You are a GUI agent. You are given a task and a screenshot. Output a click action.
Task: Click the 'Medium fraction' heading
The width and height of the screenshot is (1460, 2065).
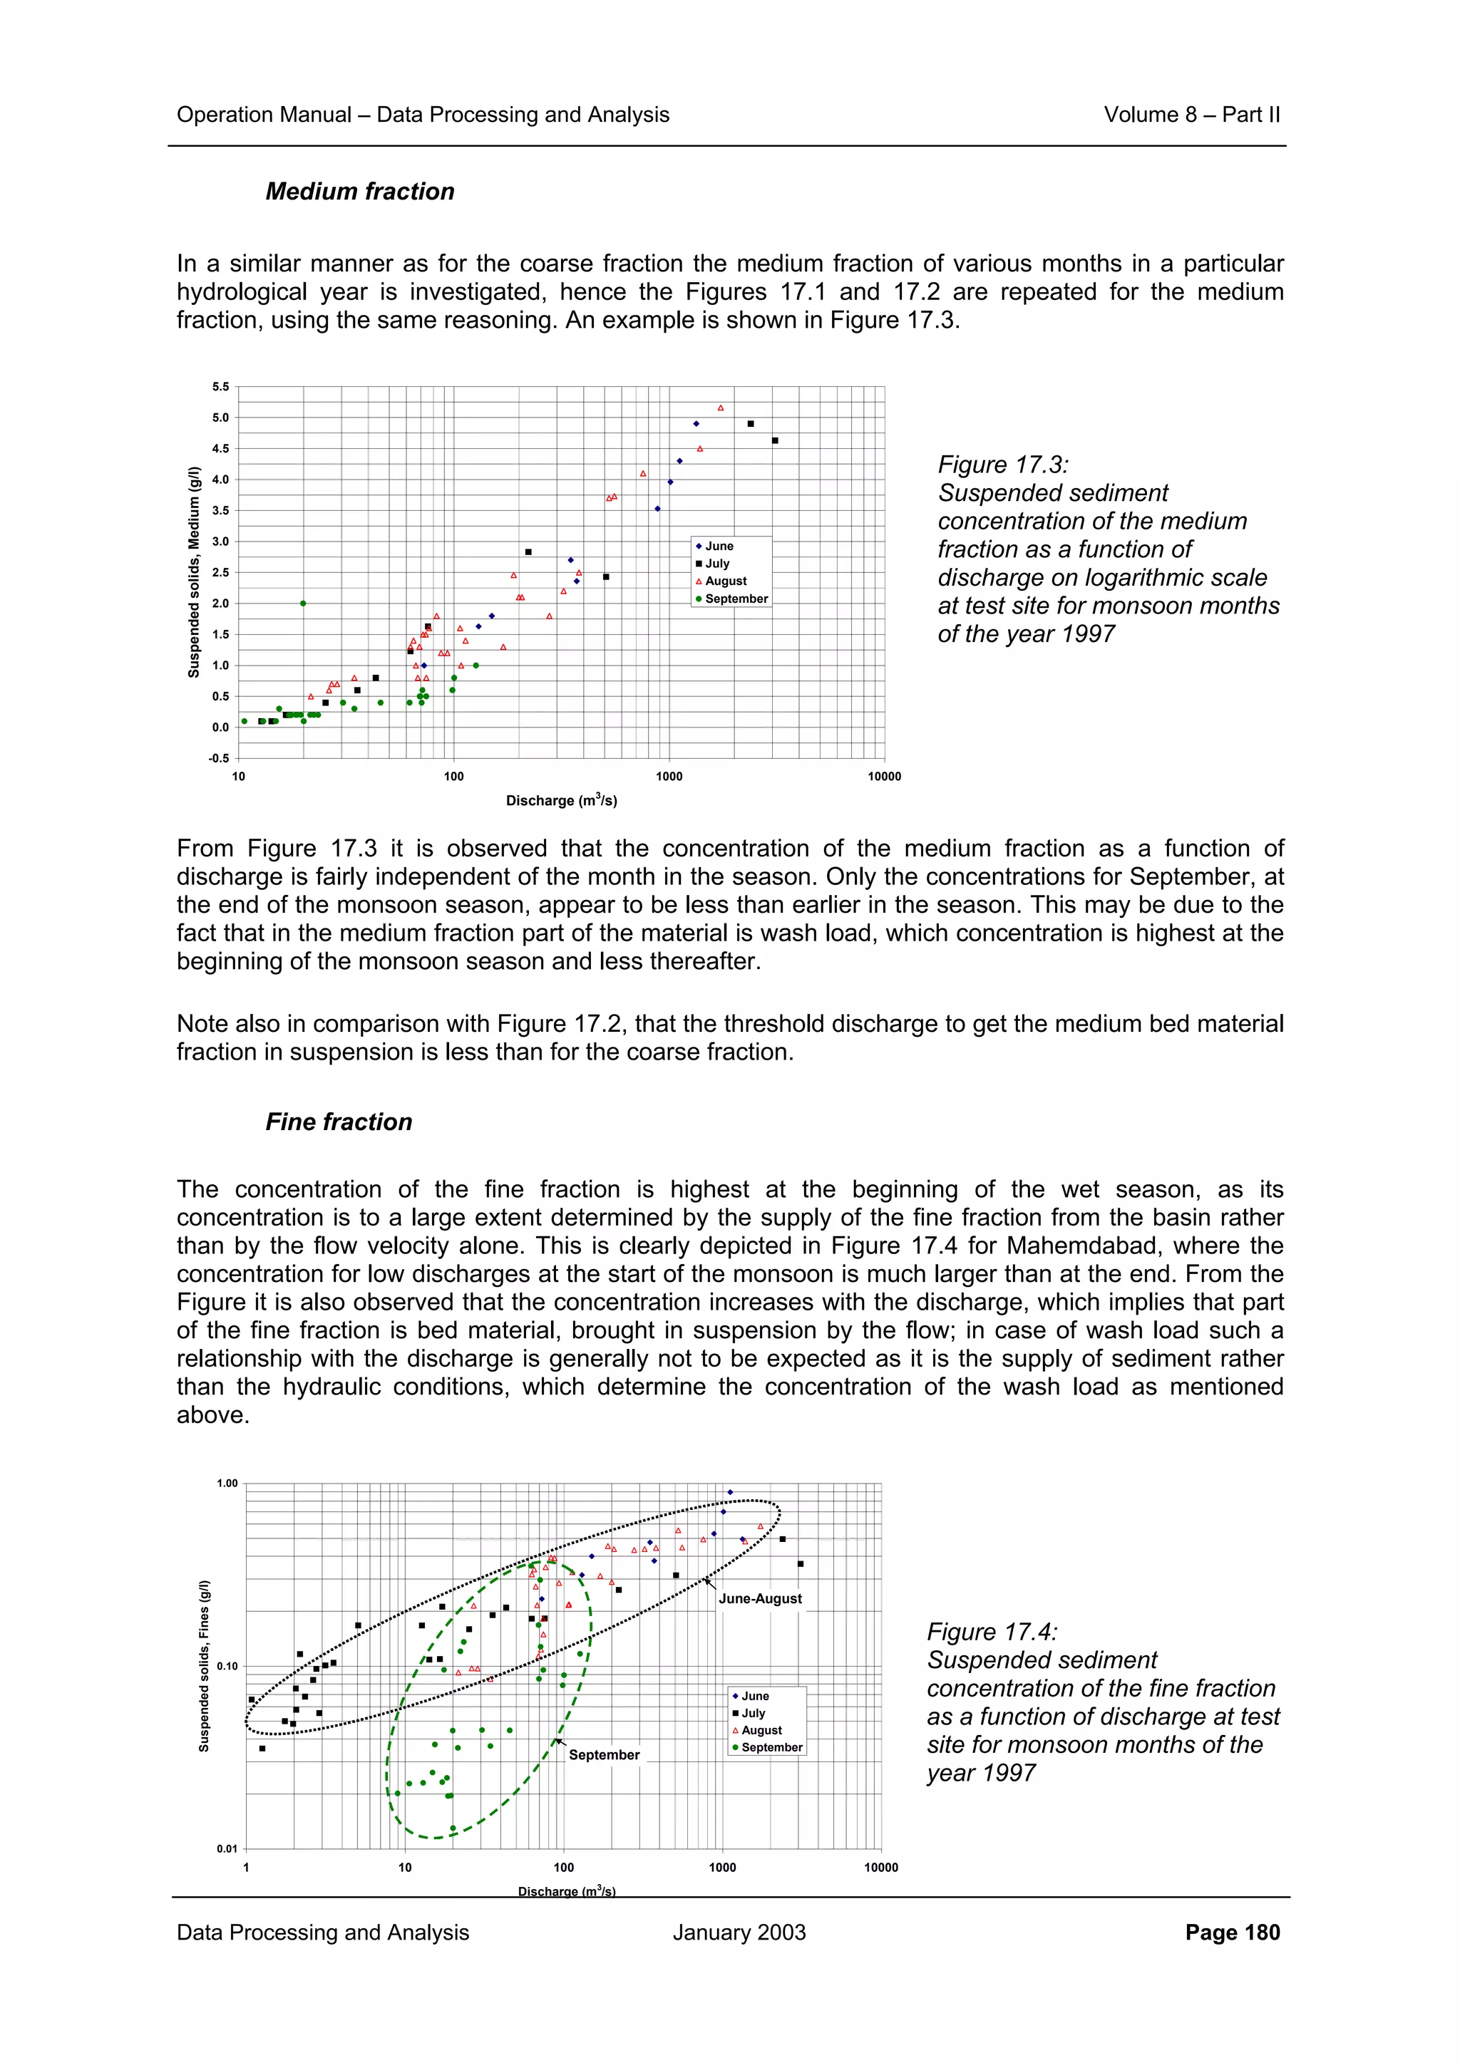coord(360,192)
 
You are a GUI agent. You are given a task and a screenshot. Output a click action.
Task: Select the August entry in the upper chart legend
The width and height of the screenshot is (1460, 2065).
coord(725,581)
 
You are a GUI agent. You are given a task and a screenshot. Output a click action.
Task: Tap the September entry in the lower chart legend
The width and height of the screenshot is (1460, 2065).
coord(771,1747)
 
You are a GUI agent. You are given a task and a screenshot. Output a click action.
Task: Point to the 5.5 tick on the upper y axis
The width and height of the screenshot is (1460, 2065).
coord(220,387)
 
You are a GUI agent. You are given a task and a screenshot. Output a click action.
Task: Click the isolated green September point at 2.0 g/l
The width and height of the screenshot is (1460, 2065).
coord(303,604)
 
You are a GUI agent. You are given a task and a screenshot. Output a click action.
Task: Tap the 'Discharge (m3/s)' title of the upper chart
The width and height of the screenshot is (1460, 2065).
coord(561,800)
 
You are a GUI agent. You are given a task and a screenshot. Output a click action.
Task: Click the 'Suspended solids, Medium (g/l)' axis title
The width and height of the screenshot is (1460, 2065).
coord(193,572)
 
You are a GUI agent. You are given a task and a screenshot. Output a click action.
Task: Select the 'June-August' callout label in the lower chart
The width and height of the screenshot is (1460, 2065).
coord(760,1598)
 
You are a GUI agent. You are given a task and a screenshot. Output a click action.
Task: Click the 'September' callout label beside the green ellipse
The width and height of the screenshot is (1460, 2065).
coord(604,1755)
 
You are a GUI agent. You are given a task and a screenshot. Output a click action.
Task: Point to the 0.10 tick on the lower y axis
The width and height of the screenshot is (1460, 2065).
coord(227,1667)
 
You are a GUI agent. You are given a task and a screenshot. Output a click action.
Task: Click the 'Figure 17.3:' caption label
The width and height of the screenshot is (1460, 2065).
coord(1003,465)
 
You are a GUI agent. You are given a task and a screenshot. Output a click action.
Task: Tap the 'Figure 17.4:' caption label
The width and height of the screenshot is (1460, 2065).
coord(992,1632)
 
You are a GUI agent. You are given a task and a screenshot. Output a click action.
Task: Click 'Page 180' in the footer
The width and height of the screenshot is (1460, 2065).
coord(1231,1932)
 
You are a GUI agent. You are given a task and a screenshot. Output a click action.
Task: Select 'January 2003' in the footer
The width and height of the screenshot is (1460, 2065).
coord(739,1932)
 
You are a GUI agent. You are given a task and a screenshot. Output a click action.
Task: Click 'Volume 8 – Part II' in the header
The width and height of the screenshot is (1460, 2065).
coord(1191,114)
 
